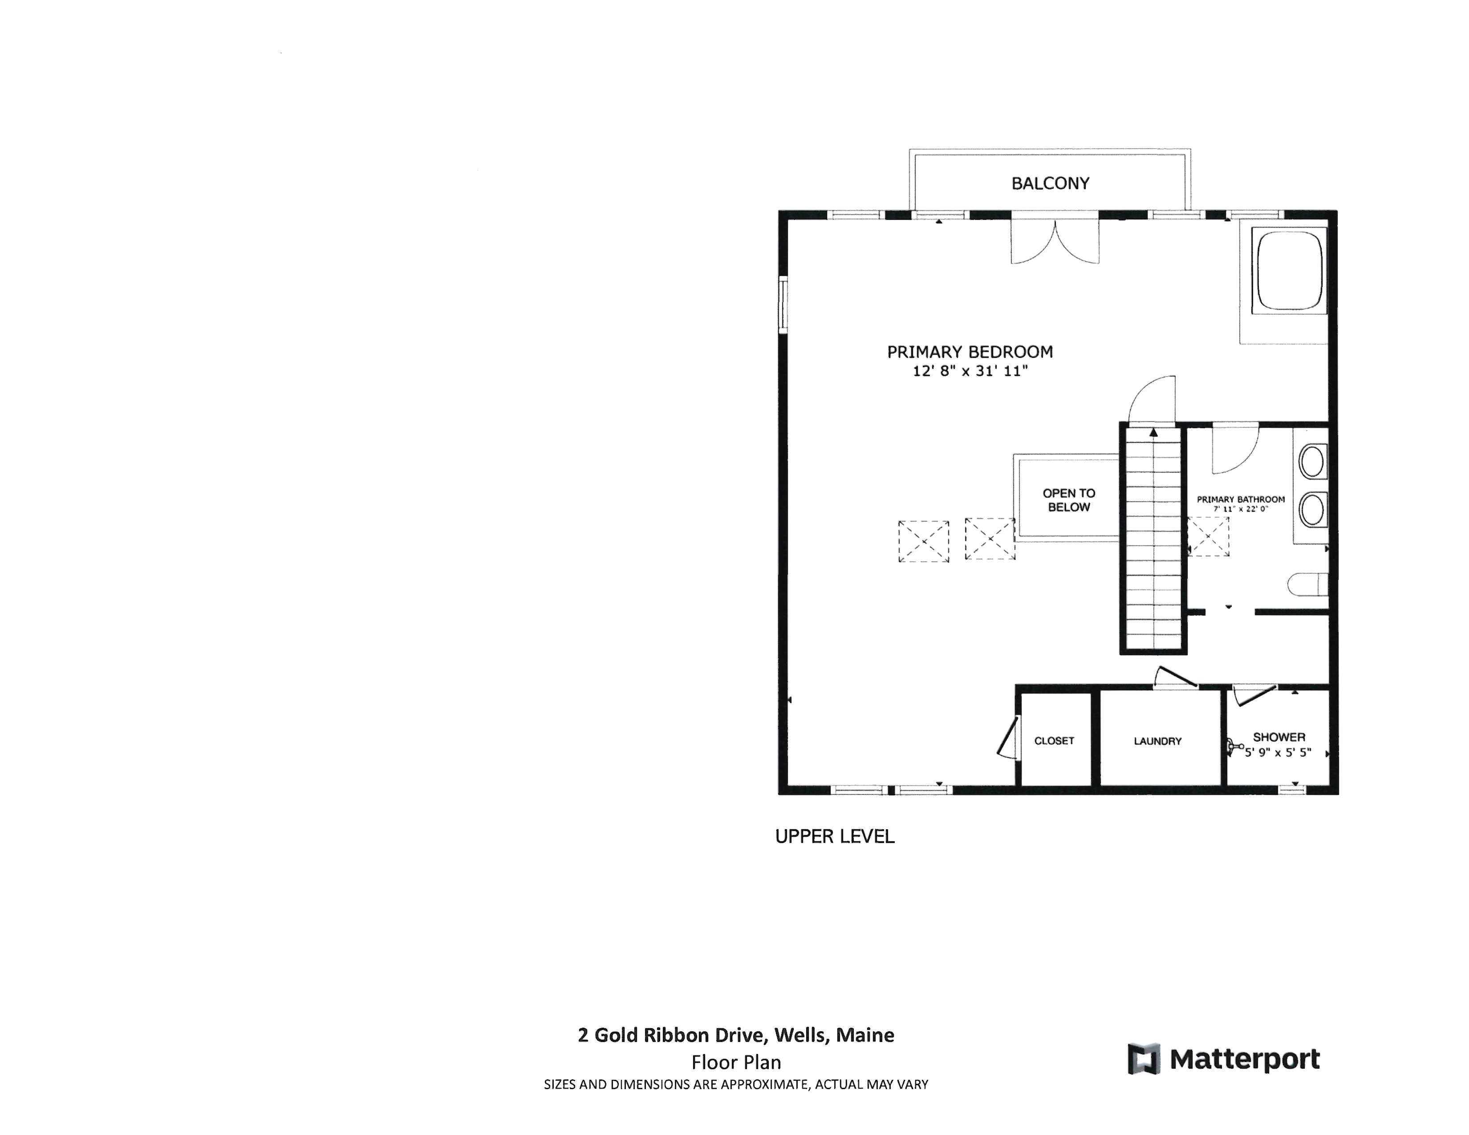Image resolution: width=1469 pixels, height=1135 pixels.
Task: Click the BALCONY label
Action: tap(1050, 183)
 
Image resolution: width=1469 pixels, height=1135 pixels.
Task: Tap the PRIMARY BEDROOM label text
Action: tap(969, 352)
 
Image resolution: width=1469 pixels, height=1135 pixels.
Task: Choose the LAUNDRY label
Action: tap(1157, 741)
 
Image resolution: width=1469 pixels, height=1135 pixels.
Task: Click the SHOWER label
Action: tap(1278, 737)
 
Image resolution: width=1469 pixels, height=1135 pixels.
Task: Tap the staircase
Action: tap(1153, 538)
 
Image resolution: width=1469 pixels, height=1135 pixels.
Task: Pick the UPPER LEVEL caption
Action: tap(835, 836)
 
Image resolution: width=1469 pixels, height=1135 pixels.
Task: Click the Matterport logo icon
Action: tap(1144, 1059)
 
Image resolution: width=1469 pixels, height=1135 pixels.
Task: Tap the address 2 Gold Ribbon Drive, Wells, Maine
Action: tap(736, 1035)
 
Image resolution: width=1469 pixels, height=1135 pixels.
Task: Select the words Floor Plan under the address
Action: tap(736, 1062)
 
